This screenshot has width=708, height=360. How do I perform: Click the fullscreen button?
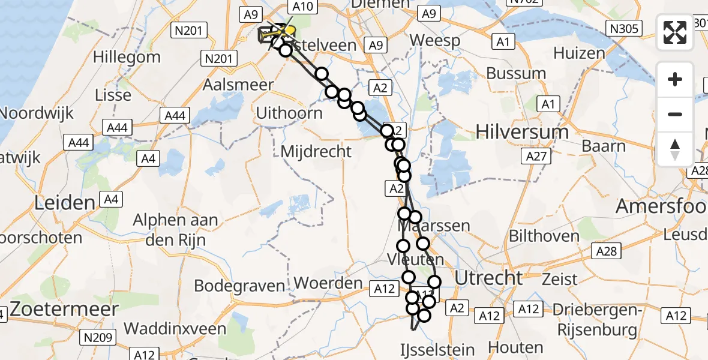click(x=675, y=32)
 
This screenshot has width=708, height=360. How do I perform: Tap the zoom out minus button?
click(x=675, y=114)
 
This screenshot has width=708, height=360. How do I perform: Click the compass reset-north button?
click(x=675, y=149)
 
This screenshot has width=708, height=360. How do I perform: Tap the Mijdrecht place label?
click(x=316, y=152)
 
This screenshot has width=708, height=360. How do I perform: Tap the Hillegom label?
click(x=128, y=58)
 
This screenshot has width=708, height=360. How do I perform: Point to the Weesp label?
click(x=435, y=41)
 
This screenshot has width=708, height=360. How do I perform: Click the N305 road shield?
click(x=623, y=28)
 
